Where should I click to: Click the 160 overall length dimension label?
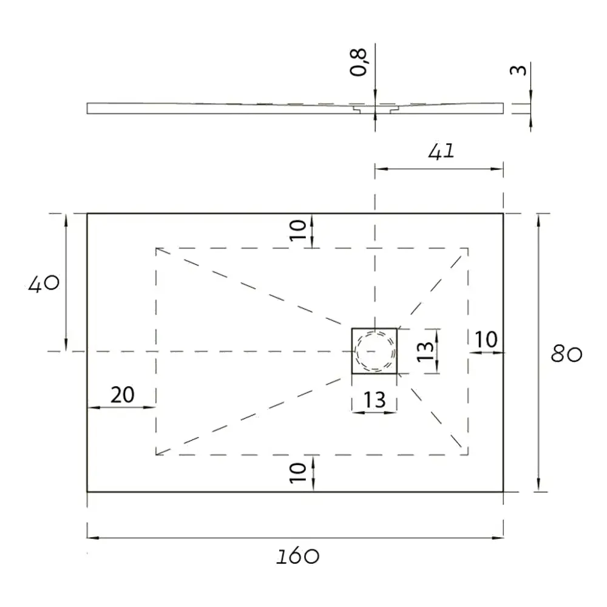click(297, 556)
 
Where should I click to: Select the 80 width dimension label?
click(566, 354)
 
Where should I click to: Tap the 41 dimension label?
click(441, 151)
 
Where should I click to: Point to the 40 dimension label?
click(44, 283)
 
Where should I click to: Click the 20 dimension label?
click(123, 395)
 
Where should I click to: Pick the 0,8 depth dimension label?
click(358, 62)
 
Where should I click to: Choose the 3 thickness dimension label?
click(518, 70)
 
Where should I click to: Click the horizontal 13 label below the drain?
click(375, 400)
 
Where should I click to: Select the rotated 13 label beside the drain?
click(425, 351)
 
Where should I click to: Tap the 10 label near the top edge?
click(298, 230)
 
